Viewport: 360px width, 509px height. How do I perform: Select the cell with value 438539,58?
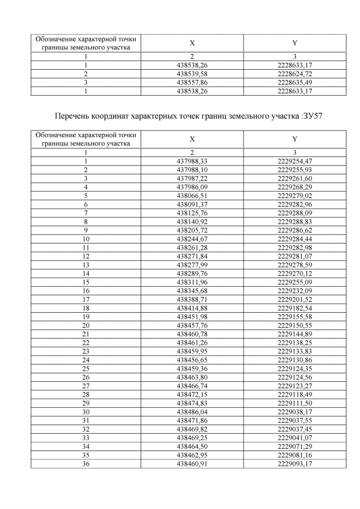(x=192, y=74)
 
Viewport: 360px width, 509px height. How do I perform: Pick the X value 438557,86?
(x=192, y=82)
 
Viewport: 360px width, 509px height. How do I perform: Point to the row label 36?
(x=86, y=463)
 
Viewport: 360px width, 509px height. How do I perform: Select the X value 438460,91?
(x=192, y=463)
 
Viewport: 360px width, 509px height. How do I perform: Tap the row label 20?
(x=86, y=326)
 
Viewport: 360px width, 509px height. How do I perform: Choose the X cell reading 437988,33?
(x=192, y=161)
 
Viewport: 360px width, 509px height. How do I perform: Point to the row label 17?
(x=86, y=300)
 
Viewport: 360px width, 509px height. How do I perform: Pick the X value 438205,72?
(x=192, y=231)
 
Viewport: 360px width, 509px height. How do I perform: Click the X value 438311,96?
(x=192, y=282)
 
